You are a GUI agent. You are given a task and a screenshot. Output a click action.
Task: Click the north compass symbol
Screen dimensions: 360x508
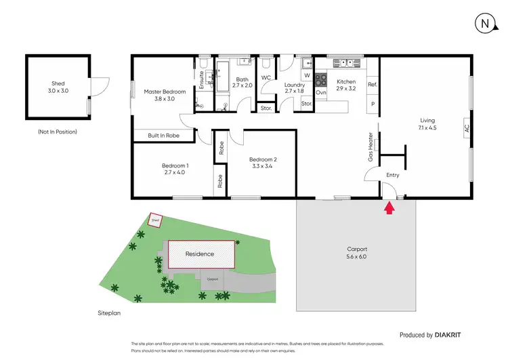[x=484, y=23]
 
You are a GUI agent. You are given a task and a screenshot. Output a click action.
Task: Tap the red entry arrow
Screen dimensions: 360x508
[x=389, y=207]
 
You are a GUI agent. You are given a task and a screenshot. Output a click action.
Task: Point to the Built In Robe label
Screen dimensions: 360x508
[x=164, y=136]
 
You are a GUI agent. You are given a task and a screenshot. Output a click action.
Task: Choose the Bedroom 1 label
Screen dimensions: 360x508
[x=175, y=169]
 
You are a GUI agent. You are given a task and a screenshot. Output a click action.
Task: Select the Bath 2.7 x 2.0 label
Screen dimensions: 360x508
[x=242, y=82]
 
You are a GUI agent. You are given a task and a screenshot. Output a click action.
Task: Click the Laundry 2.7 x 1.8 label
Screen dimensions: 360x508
[x=295, y=87]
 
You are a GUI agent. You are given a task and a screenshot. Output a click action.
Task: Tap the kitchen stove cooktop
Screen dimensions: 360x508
[x=322, y=78]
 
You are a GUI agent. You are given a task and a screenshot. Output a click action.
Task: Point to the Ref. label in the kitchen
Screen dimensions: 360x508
[x=372, y=85]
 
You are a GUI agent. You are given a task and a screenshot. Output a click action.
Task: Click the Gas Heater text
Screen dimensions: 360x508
[x=370, y=146]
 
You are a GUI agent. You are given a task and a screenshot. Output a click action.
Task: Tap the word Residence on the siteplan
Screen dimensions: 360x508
[x=200, y=254]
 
